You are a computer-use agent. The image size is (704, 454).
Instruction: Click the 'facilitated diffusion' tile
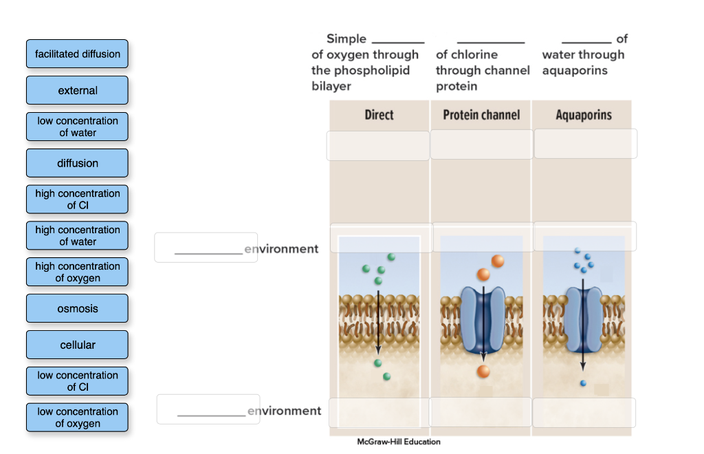77,54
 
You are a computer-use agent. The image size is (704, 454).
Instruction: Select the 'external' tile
77,90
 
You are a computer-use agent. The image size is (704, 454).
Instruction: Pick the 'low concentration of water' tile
77,127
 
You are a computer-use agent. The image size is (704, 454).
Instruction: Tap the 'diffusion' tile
77,163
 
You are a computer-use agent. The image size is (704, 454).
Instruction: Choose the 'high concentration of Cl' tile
77,199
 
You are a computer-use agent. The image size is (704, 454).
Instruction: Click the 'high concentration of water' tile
77,236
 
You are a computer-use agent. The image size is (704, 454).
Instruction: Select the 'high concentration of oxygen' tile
77,272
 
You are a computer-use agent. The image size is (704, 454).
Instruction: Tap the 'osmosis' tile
77,308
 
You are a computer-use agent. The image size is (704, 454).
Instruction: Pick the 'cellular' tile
77,345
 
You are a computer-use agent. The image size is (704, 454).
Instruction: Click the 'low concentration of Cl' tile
77,381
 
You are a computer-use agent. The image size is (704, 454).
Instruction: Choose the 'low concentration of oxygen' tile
77,418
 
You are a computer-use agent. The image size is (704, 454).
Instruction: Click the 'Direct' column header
379,115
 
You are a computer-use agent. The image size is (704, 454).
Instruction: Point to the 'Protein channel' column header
481,115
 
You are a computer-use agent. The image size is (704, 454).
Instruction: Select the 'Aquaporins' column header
584,115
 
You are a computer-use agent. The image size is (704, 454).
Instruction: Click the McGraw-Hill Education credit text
399,442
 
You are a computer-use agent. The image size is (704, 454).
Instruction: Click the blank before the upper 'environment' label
206,248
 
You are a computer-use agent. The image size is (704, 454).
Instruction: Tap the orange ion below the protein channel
483,371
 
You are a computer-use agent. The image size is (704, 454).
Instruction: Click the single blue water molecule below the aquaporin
583,382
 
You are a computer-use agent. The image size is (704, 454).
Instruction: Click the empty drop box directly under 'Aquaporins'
585,144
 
